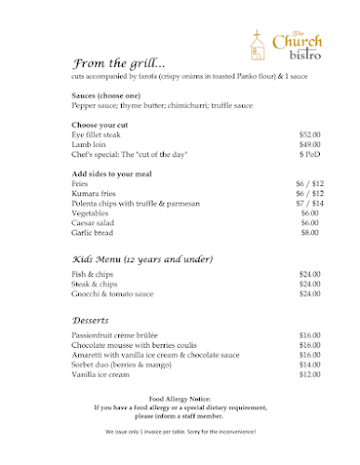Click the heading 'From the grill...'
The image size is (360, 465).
pos(118,63)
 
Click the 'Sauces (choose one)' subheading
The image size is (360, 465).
pos(104,96)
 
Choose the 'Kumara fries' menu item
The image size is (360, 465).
pos(92,193)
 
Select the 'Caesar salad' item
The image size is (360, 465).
pos(92,223)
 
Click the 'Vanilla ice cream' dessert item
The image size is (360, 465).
pos(100,375)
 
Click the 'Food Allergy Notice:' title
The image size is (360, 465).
pos(180,398)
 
